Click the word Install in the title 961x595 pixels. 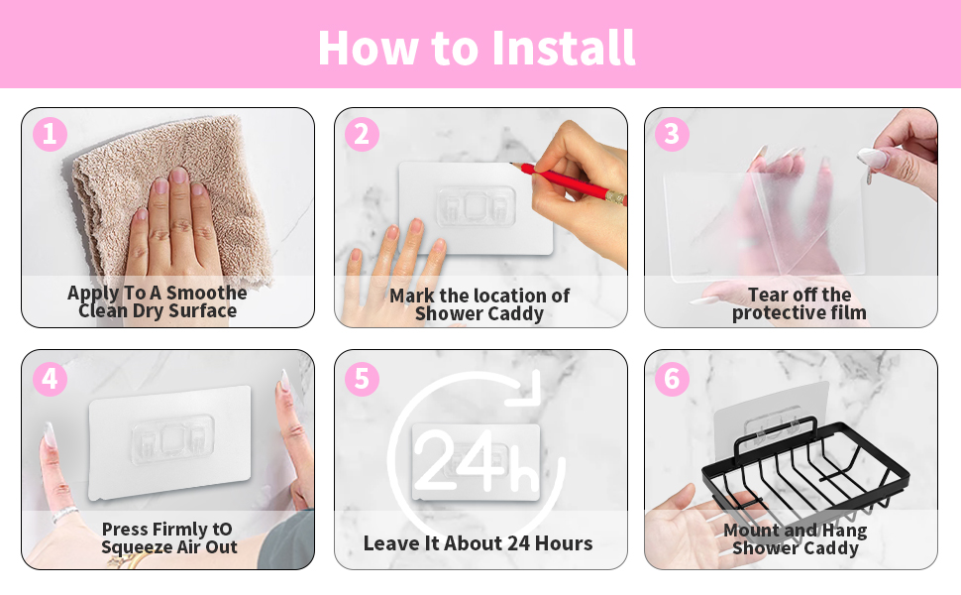click(564, 48)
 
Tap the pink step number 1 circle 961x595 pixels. click(50, 134)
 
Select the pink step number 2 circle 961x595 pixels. click(362, 134)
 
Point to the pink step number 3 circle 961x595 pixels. click(673, 134)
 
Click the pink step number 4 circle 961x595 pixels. click(50, 379)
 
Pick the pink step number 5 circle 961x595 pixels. click(362, 379)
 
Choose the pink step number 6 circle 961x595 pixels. click(673, 379)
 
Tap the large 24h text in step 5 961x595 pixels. click(476, 461)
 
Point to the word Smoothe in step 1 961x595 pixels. click(206, 293)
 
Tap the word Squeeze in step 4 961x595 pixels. click(139, 547)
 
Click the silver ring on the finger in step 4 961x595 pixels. click(65, 514)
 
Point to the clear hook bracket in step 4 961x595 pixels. click(172, 436)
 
